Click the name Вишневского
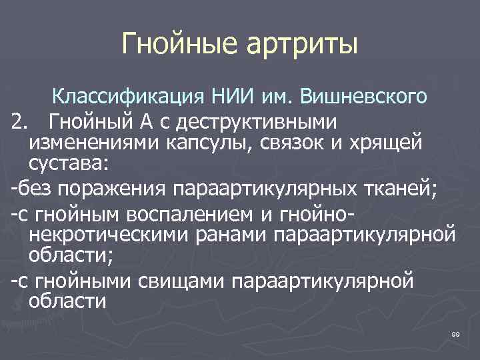(363, 97)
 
